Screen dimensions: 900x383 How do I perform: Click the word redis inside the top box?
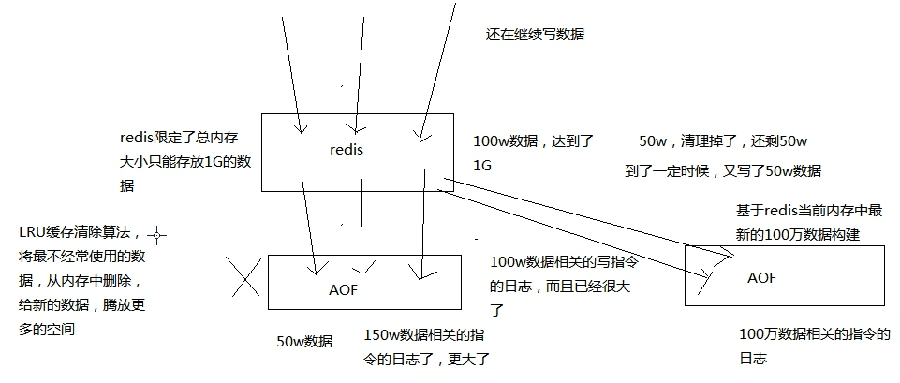pos(347,149)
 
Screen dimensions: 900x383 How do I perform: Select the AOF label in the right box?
pos(762,278)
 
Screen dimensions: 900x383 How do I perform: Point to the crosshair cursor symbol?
pos(156,235)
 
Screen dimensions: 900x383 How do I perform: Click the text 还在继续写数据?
pos(535,35)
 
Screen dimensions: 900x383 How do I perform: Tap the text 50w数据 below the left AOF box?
pos(304,341)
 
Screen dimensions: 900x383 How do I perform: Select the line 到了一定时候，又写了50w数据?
pos(723,170)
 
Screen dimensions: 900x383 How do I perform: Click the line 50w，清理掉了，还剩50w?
pos(724,141)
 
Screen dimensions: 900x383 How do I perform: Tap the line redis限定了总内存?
pos(179,138)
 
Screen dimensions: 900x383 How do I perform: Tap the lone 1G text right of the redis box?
pos(483,166)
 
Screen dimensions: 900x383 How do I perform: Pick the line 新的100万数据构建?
pos(798,234)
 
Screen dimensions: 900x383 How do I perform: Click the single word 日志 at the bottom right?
pos(754,359)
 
